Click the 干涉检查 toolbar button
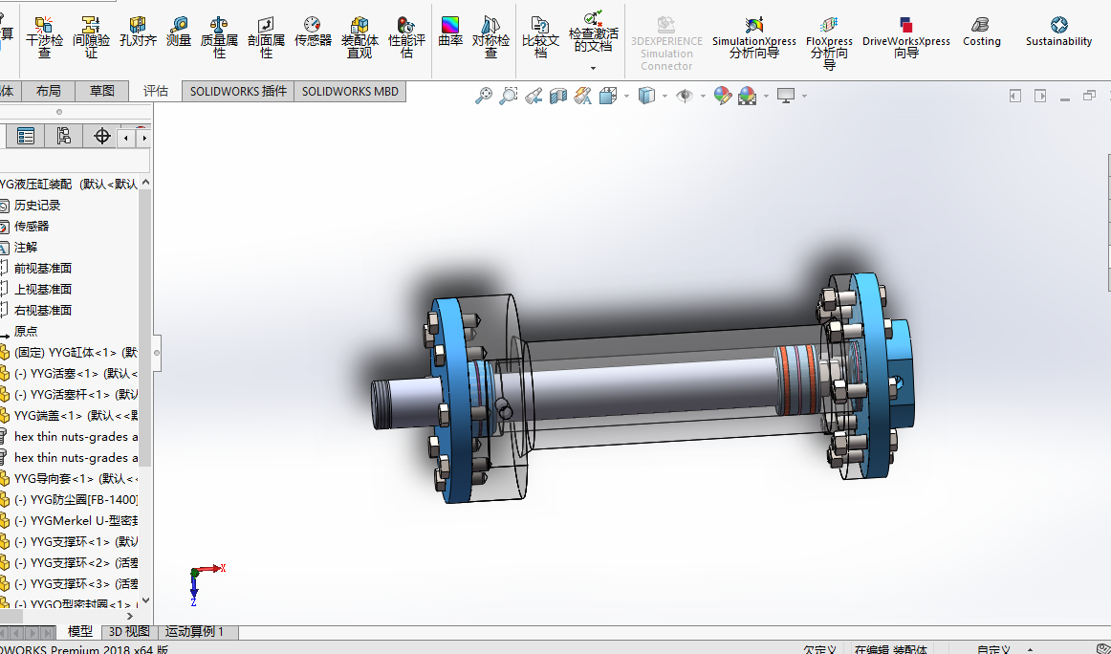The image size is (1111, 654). click(x=44, y=36)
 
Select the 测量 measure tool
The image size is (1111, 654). click(x=179, y=33)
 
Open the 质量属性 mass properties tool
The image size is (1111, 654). click(x=219, y=36)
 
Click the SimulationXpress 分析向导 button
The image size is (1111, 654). click(x=754, y=36)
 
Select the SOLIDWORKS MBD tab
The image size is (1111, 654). click(x=351, y=91)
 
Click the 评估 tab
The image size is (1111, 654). click(x=156, y=91)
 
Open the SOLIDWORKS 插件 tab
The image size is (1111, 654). click(x=238, y=91)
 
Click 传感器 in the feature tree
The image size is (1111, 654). click(x=32, y=227)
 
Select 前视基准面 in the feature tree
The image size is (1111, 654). click(x=42, y=269)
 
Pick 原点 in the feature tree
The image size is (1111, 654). click(x=26, y=332)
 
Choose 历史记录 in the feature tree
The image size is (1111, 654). click(x=36, y=206)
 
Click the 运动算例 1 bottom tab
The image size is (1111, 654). click(x=194, y=632)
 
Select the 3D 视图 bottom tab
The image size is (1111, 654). click(x=129, y=632)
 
